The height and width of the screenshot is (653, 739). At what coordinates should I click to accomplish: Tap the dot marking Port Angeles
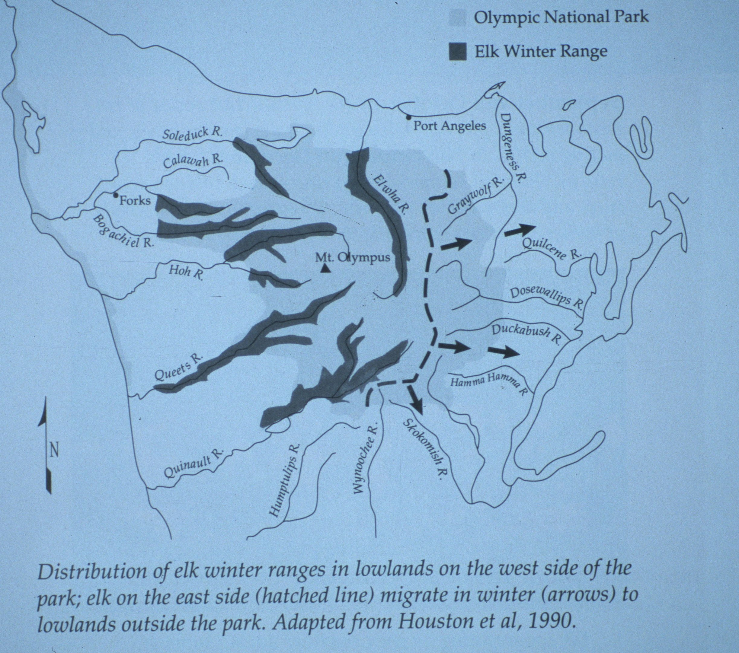click(408, 117)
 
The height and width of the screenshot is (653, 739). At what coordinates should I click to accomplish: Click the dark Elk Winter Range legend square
click(457, 52)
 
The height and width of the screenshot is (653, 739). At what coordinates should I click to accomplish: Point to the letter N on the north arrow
click(54, 452)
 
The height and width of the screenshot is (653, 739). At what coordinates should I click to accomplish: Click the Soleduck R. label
click(192, 134)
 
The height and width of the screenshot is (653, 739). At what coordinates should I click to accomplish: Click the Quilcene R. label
click(551, 250)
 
